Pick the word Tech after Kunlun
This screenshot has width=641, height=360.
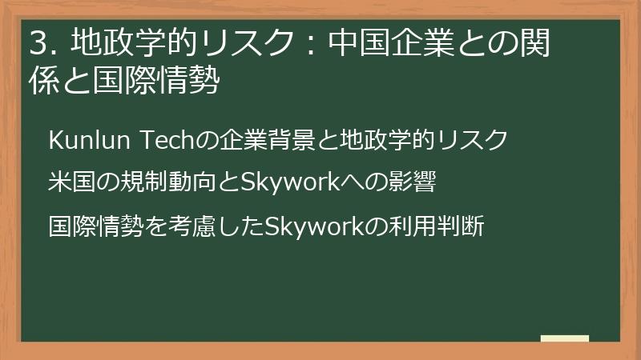pyautogui.click(x=168, y=140)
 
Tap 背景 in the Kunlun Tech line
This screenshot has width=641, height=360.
pyautogui.click(x=301, y=140)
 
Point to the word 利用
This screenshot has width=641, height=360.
pyautogui.click(x=415, y=226)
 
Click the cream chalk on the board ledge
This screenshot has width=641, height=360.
pyautogui.click(x=564, y=338)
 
